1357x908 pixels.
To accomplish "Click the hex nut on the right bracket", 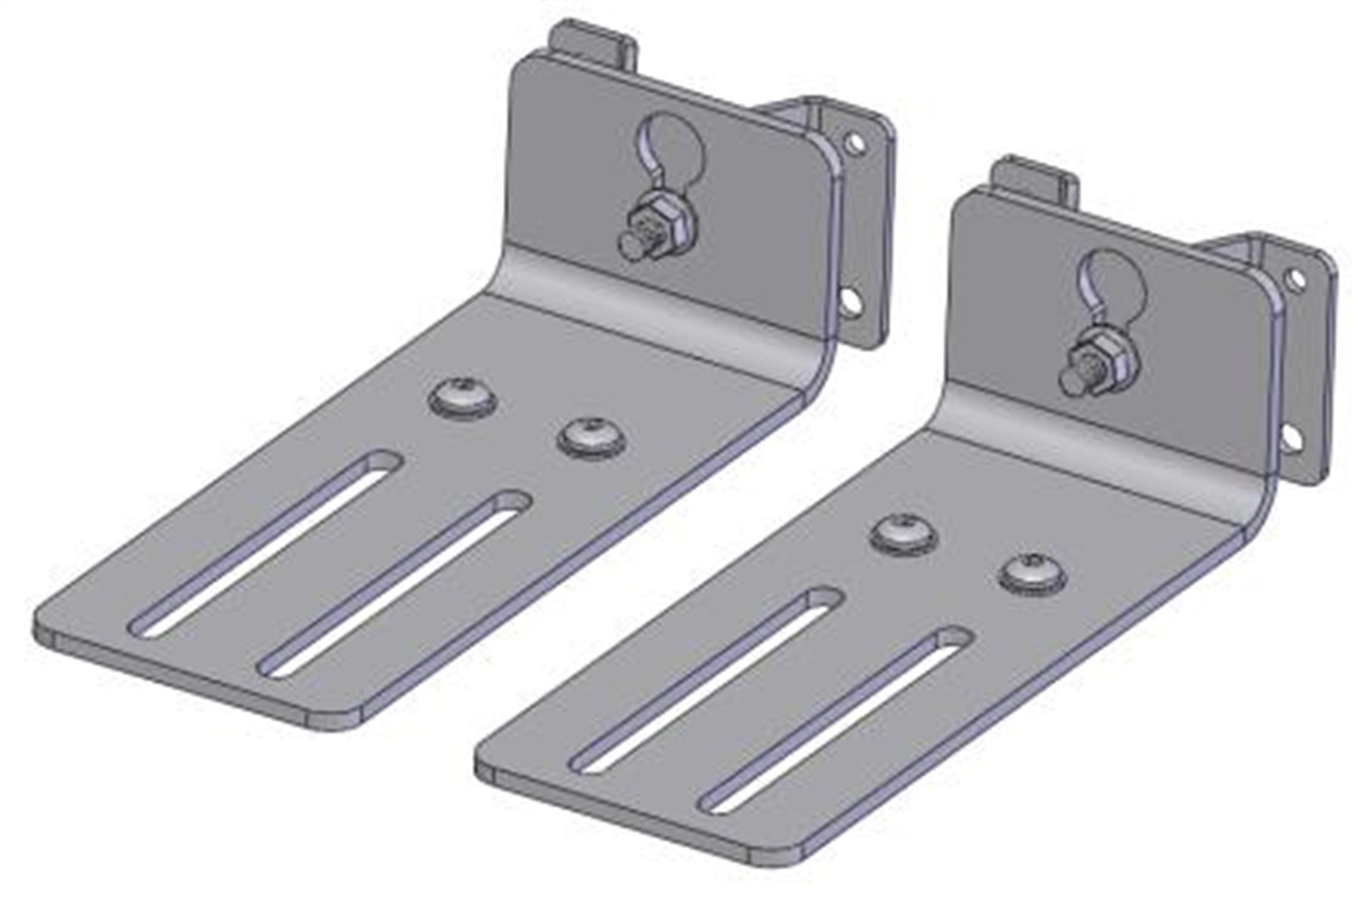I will coord(1096,354).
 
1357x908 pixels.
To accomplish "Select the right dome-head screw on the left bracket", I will coord(592,437).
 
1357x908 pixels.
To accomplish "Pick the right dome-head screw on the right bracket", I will coord(1032,573).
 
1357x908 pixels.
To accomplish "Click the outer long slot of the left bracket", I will coord(267,542).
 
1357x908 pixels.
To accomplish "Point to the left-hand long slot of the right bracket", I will coord(707,679).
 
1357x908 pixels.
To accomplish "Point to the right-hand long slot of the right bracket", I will coord(836,720).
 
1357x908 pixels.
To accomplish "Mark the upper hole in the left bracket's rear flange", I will coord(851,142).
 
